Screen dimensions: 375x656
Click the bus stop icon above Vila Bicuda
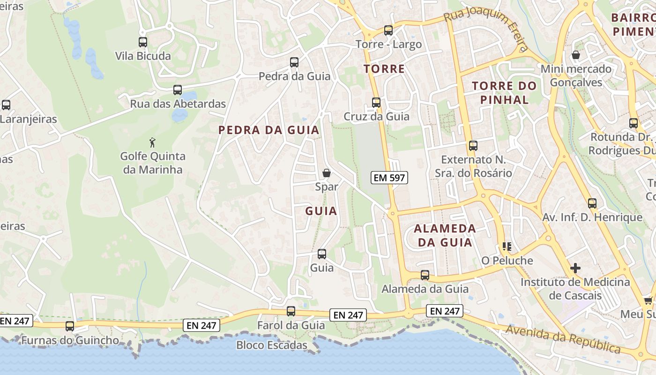(x=143, y=42)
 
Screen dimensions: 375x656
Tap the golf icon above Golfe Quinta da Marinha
(x=152, y=142)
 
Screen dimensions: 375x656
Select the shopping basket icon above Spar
(x=327, y=173)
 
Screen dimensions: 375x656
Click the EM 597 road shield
(x=389, y=178)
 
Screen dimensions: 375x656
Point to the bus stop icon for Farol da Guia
(x=291, y=311)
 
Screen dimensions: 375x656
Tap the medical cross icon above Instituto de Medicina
(x=575, y=268)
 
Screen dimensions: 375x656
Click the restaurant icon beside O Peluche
(x=507, y=246)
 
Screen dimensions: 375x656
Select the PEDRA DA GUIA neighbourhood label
(x=269, y=130)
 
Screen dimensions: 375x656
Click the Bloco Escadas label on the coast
(x=272, y=345)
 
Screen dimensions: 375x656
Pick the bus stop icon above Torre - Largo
(x=388, y=30)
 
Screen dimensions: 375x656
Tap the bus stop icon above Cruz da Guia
(x=376, y=102)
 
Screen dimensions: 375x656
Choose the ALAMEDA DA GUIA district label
(x=445, y=235)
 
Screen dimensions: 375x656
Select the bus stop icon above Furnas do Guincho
(x=70, y=326)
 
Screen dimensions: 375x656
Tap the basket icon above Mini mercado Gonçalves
(x=576, y=55)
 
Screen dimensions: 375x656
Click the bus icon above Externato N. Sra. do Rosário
(x=473, y=145)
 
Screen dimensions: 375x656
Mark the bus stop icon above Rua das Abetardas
(x=178, y=90)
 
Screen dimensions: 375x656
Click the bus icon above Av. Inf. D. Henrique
(x=592, y=203)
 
